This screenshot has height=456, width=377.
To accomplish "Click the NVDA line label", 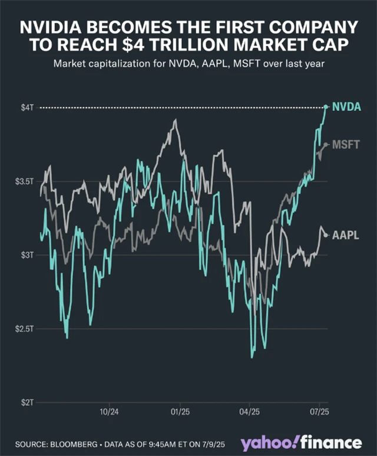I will [346, 107].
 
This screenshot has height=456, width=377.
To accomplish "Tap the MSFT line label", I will [346, 144].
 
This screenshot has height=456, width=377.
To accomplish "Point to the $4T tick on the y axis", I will [27, 107].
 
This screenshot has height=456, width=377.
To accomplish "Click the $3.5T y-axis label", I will [24, 181].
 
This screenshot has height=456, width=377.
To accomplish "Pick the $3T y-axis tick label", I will [27, 255].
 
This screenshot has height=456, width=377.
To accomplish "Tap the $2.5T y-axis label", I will [24, 328].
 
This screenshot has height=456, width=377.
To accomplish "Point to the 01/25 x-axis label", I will [180, 412].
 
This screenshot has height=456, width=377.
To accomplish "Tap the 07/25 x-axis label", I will [319, 412].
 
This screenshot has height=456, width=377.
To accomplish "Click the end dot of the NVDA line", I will [326, 107].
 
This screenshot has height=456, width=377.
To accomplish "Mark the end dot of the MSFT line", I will [326, 144].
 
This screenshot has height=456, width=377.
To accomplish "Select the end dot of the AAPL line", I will [326, 235].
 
